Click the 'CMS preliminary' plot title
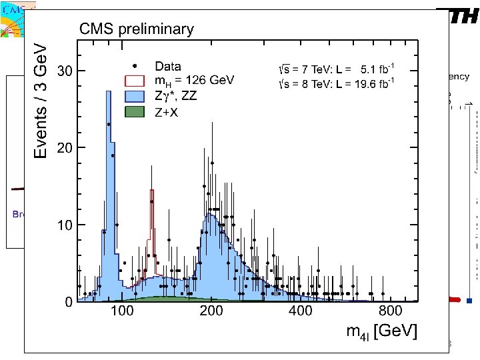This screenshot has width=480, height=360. pyautogui.click(x=137, y=29)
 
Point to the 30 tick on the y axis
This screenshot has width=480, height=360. pyautogui.click(x=61, y=71)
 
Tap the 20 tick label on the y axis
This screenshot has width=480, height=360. pyautogui.click(x=61, y=147)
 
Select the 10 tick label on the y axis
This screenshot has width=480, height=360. pyautogui.click(x=61, y=225)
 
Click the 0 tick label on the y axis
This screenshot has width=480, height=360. pyautogui.click(x=69, y=303)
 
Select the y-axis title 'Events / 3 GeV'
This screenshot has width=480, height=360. pyautogui.click(x=41, y=101)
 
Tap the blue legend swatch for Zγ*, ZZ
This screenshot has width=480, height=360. pyautogui.click(x=135, y=96)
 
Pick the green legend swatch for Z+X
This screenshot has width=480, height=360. pyautogui.click(x=135, y=112)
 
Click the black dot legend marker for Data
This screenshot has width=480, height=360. pyautogui.click(x=135, y=65)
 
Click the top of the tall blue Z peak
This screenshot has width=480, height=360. pyautogui.click(x=108, y=91)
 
